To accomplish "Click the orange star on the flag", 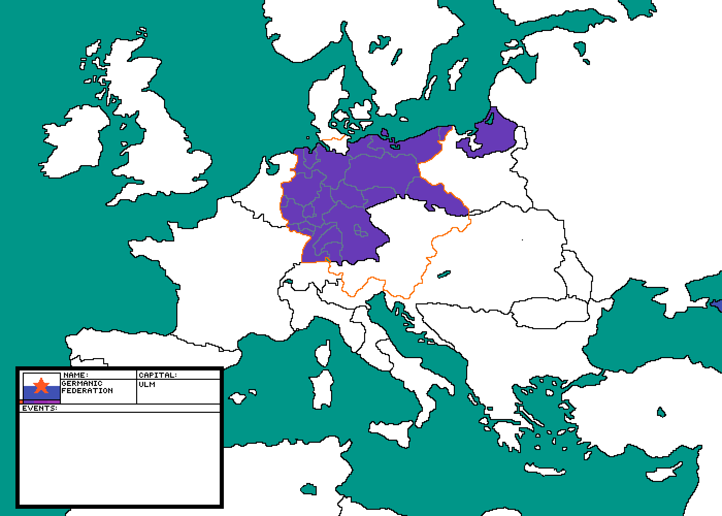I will pyautogui.click(x=41, y=385).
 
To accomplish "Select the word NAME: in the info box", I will pyautogui.click(x=76, y=375).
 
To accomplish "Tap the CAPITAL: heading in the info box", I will pyautogui.click(x=158, y=375).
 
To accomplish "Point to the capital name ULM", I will pyautogui.click(x=147, y=384).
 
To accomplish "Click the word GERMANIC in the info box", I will pyautogui.click(x=82, y=383).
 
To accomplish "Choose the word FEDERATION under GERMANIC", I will pyautogui.click(x=87, y=391).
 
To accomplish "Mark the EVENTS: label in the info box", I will pyautogui.click(x=40, y=408).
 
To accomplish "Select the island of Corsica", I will pyautogui.click(x=323, y=353).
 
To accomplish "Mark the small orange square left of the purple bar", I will pyautogui.click(x=21, y=401).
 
